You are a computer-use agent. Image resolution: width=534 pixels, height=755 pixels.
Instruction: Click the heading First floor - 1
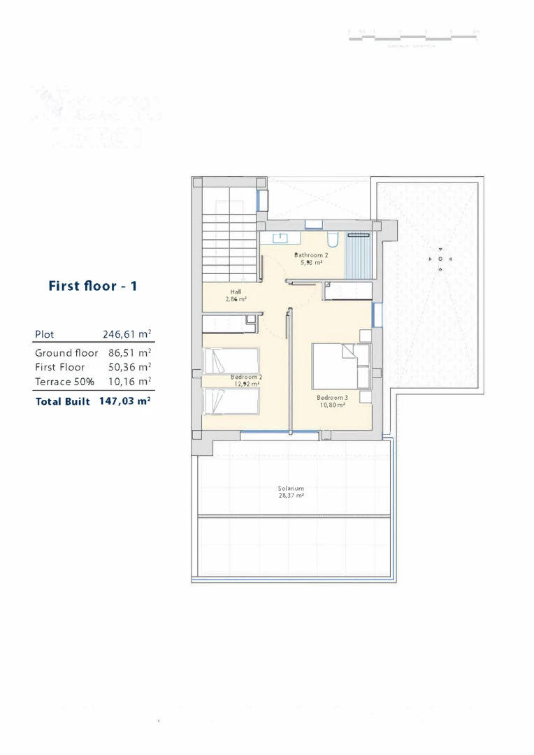pos(92,286)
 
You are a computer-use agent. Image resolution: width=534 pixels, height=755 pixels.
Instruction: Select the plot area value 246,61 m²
pos(127,335)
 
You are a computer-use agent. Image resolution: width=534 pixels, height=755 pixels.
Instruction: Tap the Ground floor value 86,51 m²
pos(130,353)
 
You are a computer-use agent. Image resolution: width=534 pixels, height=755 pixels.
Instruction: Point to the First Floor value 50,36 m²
pos(130,367)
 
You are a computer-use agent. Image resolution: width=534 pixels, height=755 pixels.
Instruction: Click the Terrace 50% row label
pos(64,382)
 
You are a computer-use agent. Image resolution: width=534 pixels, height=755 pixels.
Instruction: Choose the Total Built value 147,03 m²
pos(125,402)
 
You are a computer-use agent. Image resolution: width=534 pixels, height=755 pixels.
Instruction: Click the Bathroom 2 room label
pos(311,256)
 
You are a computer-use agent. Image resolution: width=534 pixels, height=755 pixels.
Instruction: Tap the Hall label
pos(236,292)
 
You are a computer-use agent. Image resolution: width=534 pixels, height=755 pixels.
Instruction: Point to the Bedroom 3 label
pos(331,398)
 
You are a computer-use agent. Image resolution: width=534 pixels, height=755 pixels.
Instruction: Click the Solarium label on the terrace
pos(291,489)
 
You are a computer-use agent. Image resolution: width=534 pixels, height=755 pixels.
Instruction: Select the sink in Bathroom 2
pos(280,238)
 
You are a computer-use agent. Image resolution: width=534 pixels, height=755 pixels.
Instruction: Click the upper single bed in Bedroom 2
pos(231,361)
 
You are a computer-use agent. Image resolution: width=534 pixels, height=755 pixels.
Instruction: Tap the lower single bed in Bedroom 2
pos(231,402)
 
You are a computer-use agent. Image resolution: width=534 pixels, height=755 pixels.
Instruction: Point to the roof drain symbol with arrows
pos(440,259)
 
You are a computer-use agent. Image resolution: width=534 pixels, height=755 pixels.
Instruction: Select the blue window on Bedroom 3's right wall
pos(377,314)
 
